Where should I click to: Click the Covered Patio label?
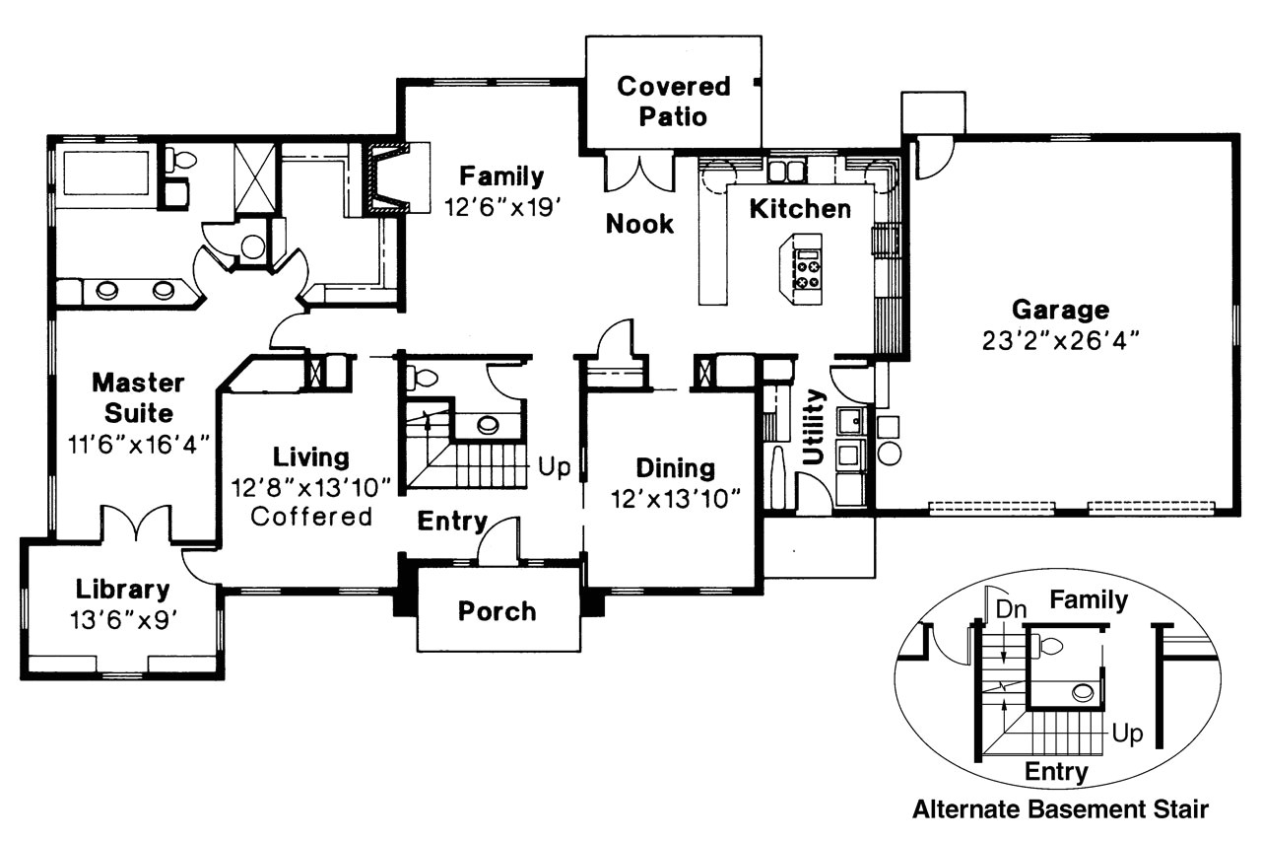[674, 101]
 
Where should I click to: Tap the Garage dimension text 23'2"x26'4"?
[1060, 340]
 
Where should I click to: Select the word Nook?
[639, 224]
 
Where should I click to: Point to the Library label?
[123, 590]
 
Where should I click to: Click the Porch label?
[498, 611]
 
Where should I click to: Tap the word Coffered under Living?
[312, 516]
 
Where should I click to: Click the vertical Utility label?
[814, 426]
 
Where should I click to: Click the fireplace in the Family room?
[386, 178]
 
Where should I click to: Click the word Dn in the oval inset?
[1011, 608]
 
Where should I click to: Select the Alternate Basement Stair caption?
[1059, 810]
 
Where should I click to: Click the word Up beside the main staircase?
[554, 466]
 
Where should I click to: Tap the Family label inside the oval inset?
[1088, 599]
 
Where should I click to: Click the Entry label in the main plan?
[451, 521]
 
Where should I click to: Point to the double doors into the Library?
[135, 524]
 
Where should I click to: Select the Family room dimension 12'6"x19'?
[501, 206]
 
